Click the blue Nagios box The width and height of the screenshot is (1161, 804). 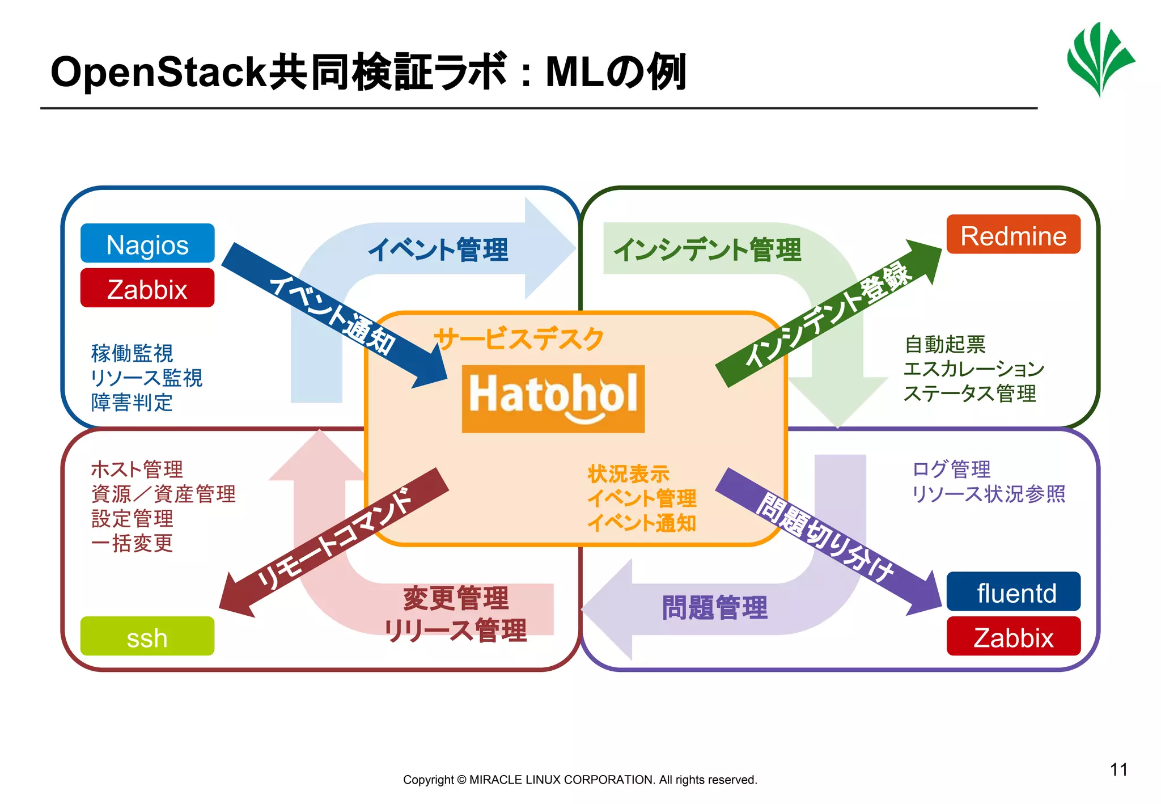tap(147, 244)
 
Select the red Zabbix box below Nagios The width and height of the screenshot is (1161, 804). tap(147, 289)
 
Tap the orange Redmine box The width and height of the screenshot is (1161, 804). tap(1013, 235)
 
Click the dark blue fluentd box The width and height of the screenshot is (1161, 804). tap(1013, 592)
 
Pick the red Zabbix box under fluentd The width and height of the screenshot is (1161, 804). tap(1013, 637)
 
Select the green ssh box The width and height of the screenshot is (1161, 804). tap(147, 637)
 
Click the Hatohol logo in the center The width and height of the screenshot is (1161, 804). tap(553, 399)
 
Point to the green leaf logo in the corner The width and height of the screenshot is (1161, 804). tap(1100, 60)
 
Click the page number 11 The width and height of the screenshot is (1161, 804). tap(1118, 769)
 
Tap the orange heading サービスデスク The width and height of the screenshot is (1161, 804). tap(519, 339)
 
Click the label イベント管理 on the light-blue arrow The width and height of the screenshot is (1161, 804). tap(438, 249)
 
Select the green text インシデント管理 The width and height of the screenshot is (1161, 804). tap(707, 249)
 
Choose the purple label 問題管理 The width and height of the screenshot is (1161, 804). tap(714, 607)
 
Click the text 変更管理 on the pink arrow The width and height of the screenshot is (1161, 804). tap(456, 598)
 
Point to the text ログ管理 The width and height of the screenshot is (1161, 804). tap(951, 469)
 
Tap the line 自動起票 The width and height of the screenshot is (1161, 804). tap(945, 344)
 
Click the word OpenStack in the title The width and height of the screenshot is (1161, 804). tap(159, 72)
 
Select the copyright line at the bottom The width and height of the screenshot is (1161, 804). tap(580, 780)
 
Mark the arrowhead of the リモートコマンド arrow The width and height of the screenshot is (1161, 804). tap(235, 598)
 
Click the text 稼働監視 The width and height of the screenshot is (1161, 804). tap(132, 353)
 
